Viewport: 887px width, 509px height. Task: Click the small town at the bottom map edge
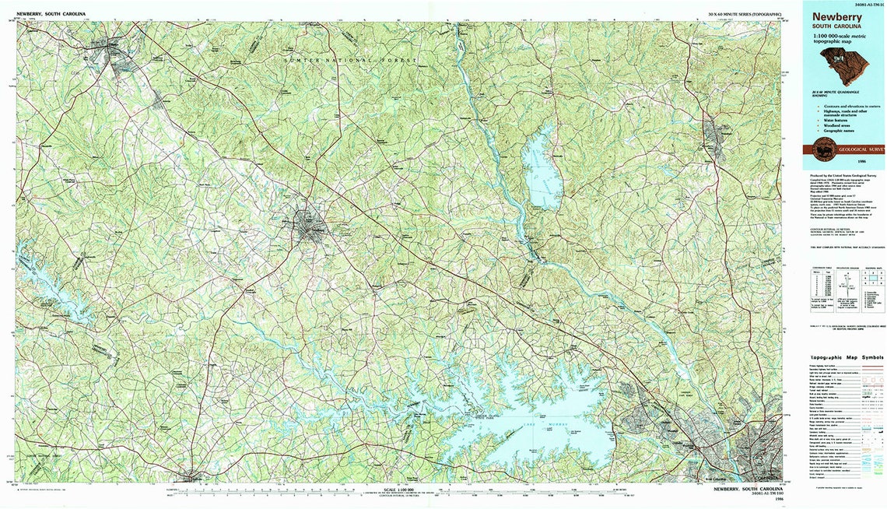[x=191, y=478]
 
